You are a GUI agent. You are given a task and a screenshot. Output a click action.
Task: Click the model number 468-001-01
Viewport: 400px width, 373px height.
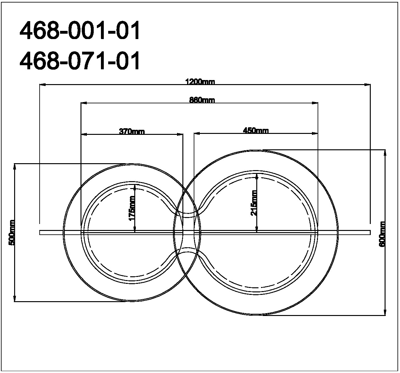80,31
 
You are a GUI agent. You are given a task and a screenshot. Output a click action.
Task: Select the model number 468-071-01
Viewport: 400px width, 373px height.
80,60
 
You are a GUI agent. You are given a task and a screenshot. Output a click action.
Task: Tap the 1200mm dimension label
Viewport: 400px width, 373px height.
200,82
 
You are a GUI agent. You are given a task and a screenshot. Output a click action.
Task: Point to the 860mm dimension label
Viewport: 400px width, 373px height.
202,100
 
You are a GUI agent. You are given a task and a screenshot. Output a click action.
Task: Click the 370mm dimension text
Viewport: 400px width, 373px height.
132,131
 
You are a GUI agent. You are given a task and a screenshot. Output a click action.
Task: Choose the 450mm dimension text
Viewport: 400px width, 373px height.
256,131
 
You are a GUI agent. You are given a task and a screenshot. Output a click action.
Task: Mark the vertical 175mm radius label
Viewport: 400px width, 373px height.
132,208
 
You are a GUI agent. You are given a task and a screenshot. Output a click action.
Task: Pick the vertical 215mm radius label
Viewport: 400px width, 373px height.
254,203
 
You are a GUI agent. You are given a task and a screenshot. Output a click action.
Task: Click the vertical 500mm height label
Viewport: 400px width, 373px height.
12,233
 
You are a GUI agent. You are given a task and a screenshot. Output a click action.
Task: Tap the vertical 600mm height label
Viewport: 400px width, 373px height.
382,234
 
